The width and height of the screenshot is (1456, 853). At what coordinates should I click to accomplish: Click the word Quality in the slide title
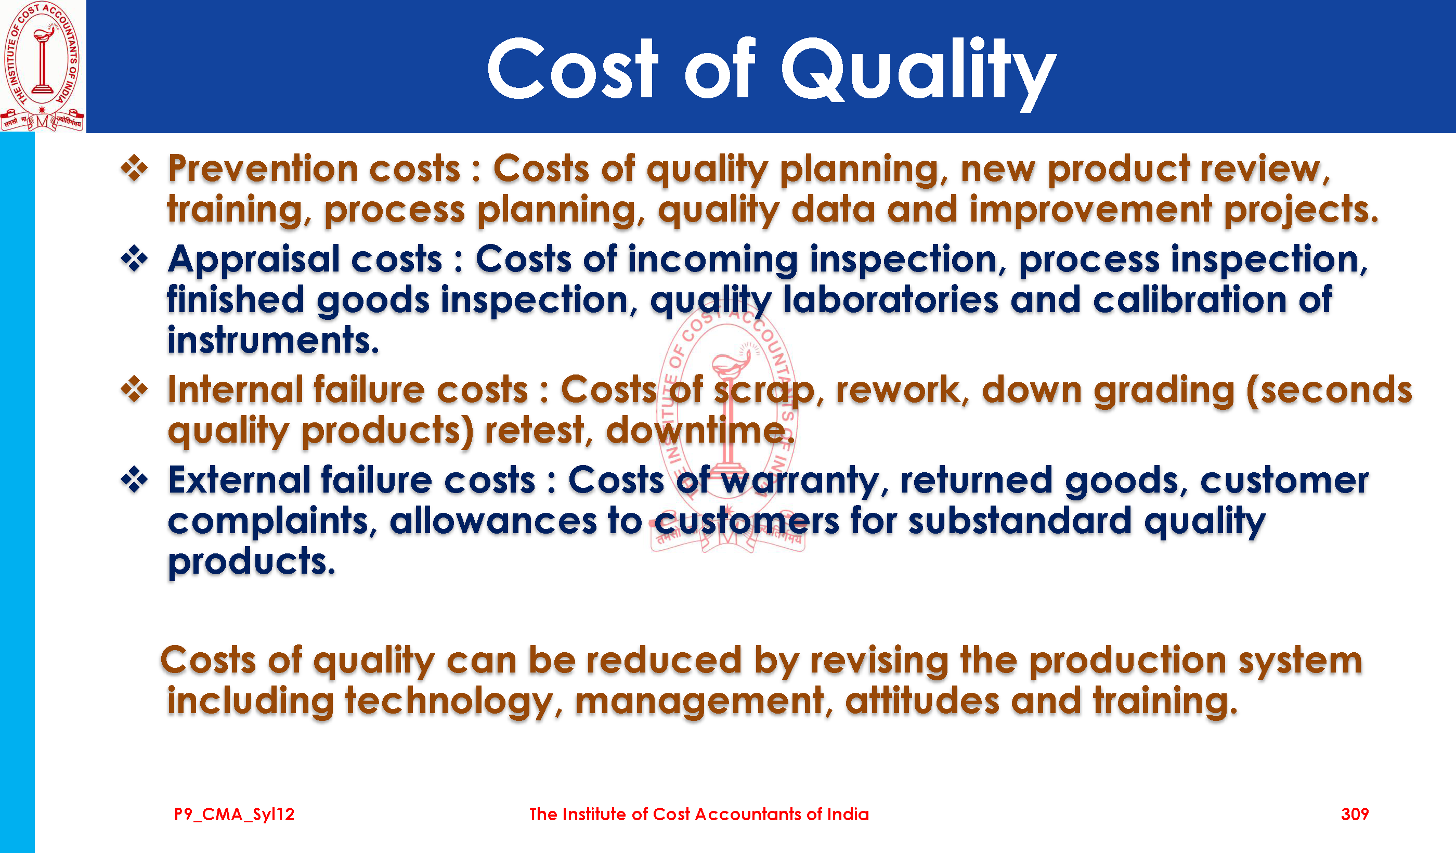click(919, 72)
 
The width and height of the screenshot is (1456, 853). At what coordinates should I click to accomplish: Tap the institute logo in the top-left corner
click(42, 66)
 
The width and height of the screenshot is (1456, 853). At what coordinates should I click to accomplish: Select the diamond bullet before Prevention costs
click(135, 168)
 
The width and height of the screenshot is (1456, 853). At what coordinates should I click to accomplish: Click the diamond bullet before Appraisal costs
click(135, 259)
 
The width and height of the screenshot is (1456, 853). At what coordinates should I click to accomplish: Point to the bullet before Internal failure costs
click(135, 389)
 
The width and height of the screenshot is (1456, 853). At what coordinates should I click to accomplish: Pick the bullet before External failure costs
click(135, 480)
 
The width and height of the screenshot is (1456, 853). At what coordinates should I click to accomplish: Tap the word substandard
click(1020, 521)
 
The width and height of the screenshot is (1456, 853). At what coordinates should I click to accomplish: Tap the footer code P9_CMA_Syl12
click(234, 815)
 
